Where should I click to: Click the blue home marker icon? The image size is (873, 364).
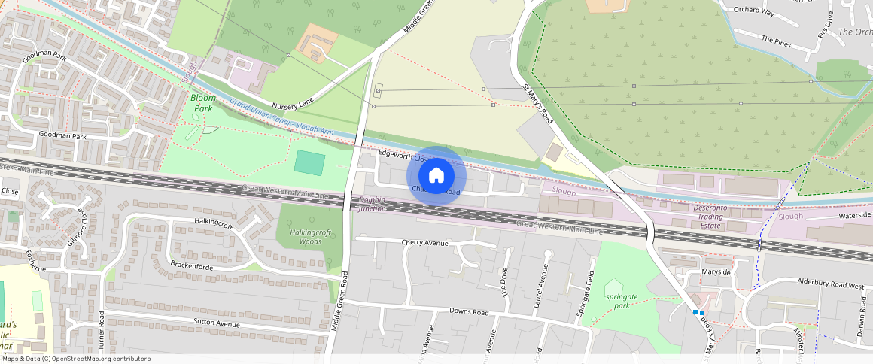click(436, 176)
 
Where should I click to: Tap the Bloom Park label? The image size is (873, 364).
click(202, 103)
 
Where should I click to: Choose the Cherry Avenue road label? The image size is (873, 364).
click(424, 243)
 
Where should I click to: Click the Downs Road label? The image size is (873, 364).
click(469, 311)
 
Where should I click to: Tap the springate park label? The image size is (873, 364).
click(621, 301)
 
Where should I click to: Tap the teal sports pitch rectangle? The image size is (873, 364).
click(309, 162)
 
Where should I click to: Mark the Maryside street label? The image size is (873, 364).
click(716, 271)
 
